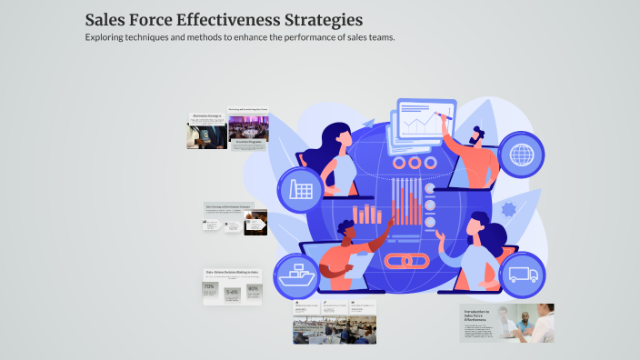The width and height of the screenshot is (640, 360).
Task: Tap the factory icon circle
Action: coord(301,190)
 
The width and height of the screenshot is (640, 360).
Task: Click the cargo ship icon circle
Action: coord(302,275)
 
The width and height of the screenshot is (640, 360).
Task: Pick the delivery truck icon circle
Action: coord(523,275)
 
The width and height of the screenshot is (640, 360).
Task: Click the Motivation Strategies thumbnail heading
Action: coord(207,115)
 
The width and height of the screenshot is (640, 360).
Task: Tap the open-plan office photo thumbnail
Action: coord(334,330)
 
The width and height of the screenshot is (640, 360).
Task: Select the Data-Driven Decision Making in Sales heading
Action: coord(232,272)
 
